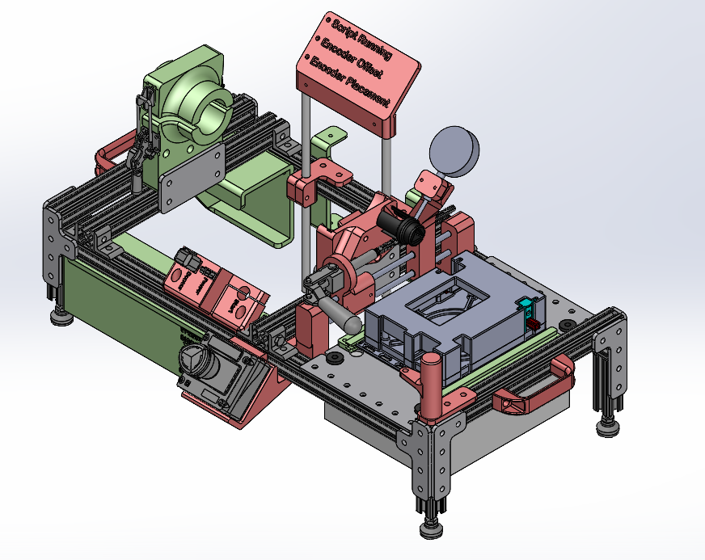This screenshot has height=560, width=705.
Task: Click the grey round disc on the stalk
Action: click(x=454, y=151)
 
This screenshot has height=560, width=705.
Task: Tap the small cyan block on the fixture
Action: click(x=524, y=305)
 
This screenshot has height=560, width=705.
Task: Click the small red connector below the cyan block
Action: click(x=532, y=322)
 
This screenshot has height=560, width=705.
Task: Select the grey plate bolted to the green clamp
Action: click(x=191, y=178)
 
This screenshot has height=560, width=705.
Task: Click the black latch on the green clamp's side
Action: click(x=145, y=133)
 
